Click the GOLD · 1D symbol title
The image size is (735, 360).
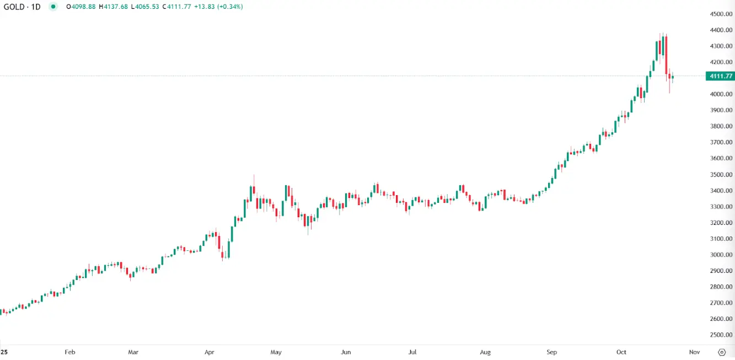tap(22, 7)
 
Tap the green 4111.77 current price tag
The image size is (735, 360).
tap(720, 76)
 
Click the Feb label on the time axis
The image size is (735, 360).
tap(69, 352)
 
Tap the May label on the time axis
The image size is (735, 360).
tap(276, 352)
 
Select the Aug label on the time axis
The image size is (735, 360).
tap(485, 352)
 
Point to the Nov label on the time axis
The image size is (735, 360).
tap(694, 352)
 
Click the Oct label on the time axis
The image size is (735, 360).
tap(621, 352)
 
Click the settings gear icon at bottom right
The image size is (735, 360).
tap(722, 352)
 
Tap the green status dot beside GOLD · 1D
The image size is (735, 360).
tap(53, 7)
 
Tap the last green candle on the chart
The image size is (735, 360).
tap(673, 77)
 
